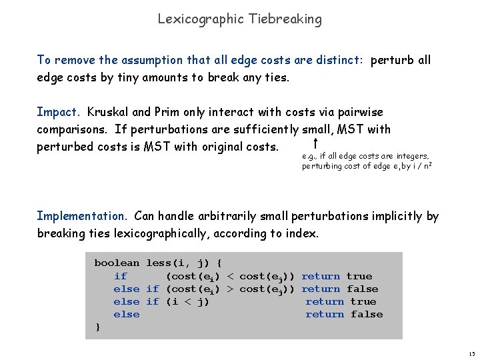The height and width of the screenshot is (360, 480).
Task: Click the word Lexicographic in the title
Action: (201, 19)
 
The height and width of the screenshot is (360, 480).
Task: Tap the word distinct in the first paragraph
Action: (336, 60)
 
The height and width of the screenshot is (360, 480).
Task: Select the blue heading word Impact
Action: (57, 112)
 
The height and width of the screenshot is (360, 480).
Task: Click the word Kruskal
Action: (106, 112)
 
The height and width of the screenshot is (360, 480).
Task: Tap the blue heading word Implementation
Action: (81, 216)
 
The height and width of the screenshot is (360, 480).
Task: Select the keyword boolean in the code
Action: (117, 263)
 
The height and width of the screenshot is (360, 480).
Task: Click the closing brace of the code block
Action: (98, 327)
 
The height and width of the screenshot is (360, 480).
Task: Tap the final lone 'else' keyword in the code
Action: (127, 314)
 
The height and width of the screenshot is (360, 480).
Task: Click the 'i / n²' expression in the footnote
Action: (422, 166)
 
